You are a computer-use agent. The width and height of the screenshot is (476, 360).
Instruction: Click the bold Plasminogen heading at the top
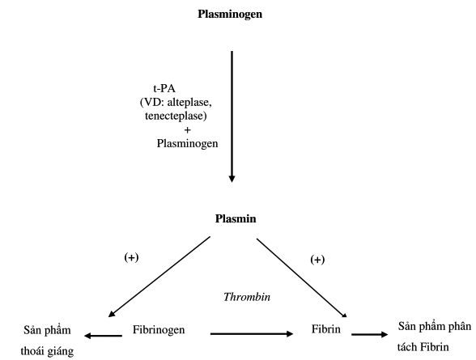pyautogui.click(x=230, y=15)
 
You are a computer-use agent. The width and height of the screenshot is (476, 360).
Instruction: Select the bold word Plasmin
pyautogui.click(x=236, y=218)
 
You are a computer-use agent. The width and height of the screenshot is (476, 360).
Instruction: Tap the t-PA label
pyautogui.click(x=164, y=88)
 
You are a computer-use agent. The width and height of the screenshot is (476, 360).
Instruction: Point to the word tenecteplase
pyautogui.click(x=176, y=116)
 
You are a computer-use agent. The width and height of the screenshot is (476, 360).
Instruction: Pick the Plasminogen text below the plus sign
pyautogui.click(x=187, y=143)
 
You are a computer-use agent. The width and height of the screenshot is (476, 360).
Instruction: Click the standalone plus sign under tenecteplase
pyautogui.click(x=187, y=130)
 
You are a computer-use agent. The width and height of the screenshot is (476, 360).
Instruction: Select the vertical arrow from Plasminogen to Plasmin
pyautogui.click(x=232, y=116)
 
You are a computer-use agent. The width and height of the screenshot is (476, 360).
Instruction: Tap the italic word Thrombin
pyautogui.click(x=247, y=297)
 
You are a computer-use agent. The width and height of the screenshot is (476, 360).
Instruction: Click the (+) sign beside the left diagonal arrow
pyautogui.click(x=131, y=257)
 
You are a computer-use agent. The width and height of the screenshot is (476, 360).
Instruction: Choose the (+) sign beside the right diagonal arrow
pyautogui.click(x=317, y=260)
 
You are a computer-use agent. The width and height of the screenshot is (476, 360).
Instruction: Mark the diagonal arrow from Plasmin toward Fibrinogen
pyautogui.click(x=159, y=277)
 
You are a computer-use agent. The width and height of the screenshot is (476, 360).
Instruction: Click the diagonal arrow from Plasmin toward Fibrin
pyautogui.click(x=302, y=277)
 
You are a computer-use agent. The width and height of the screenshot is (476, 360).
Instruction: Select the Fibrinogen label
pyautogui.click(x=159, y=330)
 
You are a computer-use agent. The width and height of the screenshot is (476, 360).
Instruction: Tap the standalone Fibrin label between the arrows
pyautogui.click(x=326, y=329)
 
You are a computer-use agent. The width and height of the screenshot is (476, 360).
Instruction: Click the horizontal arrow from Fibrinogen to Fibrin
pyautogui.click(x=252, y=334)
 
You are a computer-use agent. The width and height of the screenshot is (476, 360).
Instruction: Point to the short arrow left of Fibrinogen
pyautogui.click(x=103, y=336)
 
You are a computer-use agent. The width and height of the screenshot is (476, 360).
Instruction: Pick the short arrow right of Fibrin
pyautogui.click(x=370, y=335)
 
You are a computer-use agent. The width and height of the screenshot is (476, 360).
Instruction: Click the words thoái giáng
pyautogui.click(x=47, y=352)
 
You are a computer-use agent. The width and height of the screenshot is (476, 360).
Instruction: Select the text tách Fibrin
pyautogui.click(x=423, y=347)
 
